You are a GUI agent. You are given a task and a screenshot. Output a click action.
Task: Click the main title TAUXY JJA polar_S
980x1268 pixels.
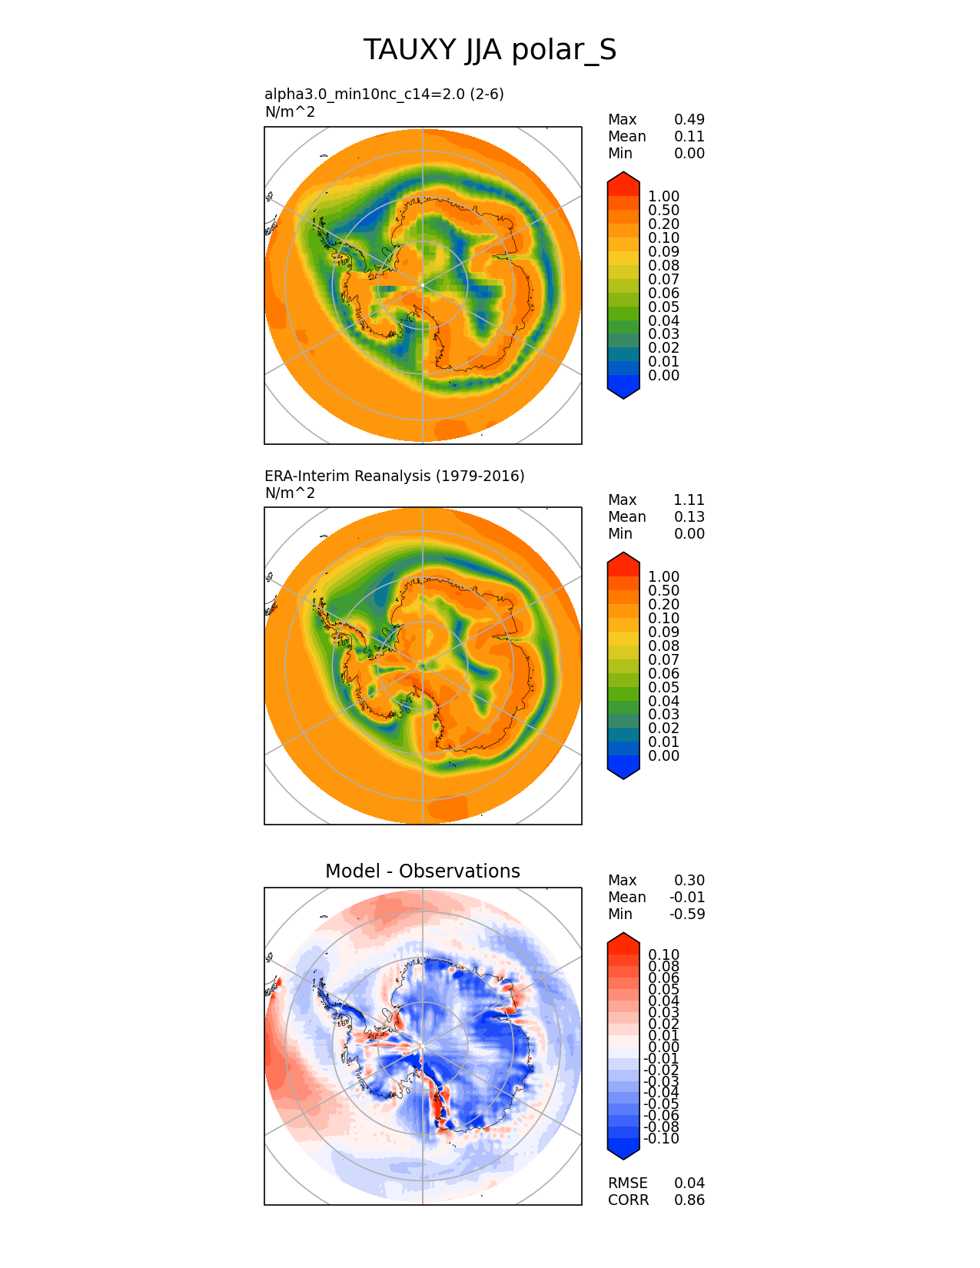(x=490, y=50)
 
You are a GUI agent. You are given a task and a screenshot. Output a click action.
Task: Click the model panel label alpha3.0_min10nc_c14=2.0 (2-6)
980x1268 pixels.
(x=384, y=94)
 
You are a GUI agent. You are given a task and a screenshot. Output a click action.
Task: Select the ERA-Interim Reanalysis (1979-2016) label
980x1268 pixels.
(x=394, y=476)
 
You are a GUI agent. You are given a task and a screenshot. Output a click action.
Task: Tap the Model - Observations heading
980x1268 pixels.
(x=422, y=871)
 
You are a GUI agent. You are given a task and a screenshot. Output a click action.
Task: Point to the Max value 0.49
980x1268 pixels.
(x=689, y=119)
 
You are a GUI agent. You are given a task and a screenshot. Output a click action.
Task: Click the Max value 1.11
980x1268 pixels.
(x=689, y=500)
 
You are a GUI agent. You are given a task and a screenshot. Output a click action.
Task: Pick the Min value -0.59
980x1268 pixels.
(x=687, y=914)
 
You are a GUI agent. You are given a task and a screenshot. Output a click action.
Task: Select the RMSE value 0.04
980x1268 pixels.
(x=689, y=1183)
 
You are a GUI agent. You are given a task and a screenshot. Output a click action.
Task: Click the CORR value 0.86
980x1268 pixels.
(x=689, y=1200)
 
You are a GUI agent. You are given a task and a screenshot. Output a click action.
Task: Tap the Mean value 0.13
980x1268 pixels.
(x=689, y=516)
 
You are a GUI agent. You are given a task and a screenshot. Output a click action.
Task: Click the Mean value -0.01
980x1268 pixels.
(x=687, y=897)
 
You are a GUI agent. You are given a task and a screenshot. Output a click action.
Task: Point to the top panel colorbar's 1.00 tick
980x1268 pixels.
(x=663, y=197)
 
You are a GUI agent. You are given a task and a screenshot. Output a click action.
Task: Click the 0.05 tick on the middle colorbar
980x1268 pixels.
(x=663, y=687)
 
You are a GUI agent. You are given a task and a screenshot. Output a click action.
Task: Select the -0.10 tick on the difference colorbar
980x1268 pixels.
(x=662, y=1138)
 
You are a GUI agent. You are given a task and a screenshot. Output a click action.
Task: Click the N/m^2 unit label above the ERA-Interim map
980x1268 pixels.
(x=290, y=493)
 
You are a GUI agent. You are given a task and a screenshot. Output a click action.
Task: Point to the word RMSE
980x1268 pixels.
(x=627, y=1183)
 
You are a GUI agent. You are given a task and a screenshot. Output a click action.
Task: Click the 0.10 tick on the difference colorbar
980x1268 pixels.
(x=663, y=954)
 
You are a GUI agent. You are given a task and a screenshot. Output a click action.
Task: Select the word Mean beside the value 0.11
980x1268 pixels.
(x=626, y=136)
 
